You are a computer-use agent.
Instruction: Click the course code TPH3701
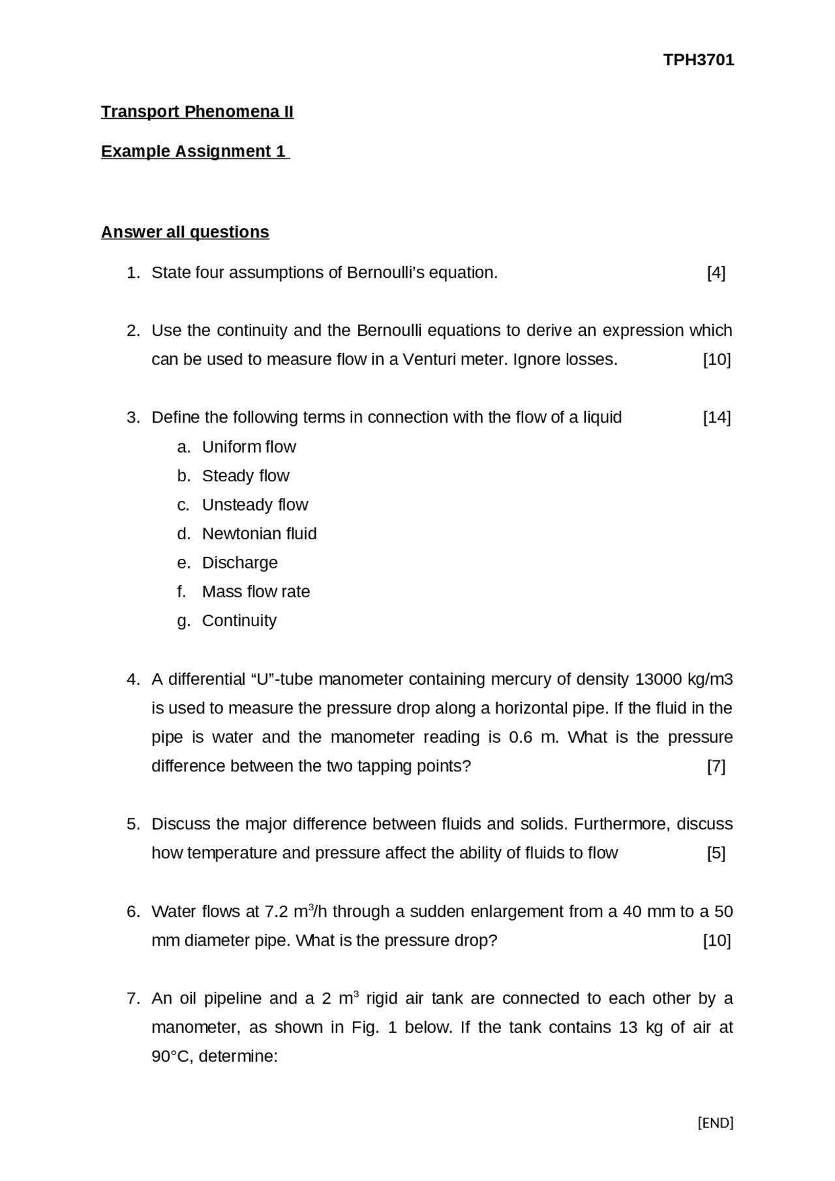tap(698, 60)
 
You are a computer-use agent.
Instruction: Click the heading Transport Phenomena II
tap(197, 112)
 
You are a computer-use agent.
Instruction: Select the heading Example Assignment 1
tap(194, 151)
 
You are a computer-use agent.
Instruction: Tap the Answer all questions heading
tap(185, 232)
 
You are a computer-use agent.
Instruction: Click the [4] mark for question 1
tap(716, 273)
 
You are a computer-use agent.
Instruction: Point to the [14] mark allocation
tap(716, 417)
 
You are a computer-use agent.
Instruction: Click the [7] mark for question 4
tap(716, 766)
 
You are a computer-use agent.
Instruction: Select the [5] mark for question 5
tap(716, 853)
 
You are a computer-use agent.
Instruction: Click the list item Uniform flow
tap(249, 447)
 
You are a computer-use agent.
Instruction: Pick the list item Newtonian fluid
tap(259, 533)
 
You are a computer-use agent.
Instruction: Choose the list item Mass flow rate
tap(256, 591)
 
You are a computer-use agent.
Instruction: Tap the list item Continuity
tap(239, 620)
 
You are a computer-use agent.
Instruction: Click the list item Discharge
tap(239, 562)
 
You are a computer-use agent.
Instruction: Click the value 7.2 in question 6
tap(276, 912)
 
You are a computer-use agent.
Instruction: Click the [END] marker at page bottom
tap(715, 1123)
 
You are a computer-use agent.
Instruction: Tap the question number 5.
tap(133, 824)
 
